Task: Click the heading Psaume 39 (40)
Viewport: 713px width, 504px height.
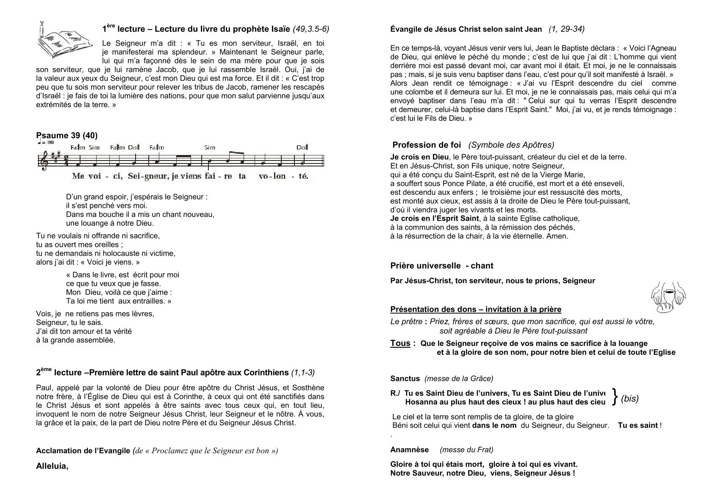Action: click(67, 136)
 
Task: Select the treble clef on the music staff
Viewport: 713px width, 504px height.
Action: click(44, 162)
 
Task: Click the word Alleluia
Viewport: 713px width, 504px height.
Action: click(52, 466)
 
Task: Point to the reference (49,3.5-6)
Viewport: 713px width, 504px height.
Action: click(311, 29)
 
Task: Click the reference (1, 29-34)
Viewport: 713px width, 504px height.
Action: click(566, 29)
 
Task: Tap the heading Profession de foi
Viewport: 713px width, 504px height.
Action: click(427, 145)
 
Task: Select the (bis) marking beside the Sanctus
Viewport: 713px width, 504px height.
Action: click(630, 399)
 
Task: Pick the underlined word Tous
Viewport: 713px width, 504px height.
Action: click(400, 343)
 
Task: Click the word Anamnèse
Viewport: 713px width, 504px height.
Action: click(409, 450)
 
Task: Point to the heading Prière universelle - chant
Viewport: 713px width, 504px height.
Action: click(441, 266)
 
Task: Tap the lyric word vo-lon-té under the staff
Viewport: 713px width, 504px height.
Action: click(283, 176)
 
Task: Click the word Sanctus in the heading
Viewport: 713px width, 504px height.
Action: click(405, 379)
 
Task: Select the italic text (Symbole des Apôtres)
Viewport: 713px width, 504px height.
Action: click(511, 145)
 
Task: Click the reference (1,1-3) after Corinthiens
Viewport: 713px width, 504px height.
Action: click(303, 373)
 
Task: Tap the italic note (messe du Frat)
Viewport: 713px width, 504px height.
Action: click(466, 450)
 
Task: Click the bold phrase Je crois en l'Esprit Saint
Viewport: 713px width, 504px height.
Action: click(434, 219)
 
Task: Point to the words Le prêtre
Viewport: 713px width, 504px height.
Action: click(406, 322)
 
